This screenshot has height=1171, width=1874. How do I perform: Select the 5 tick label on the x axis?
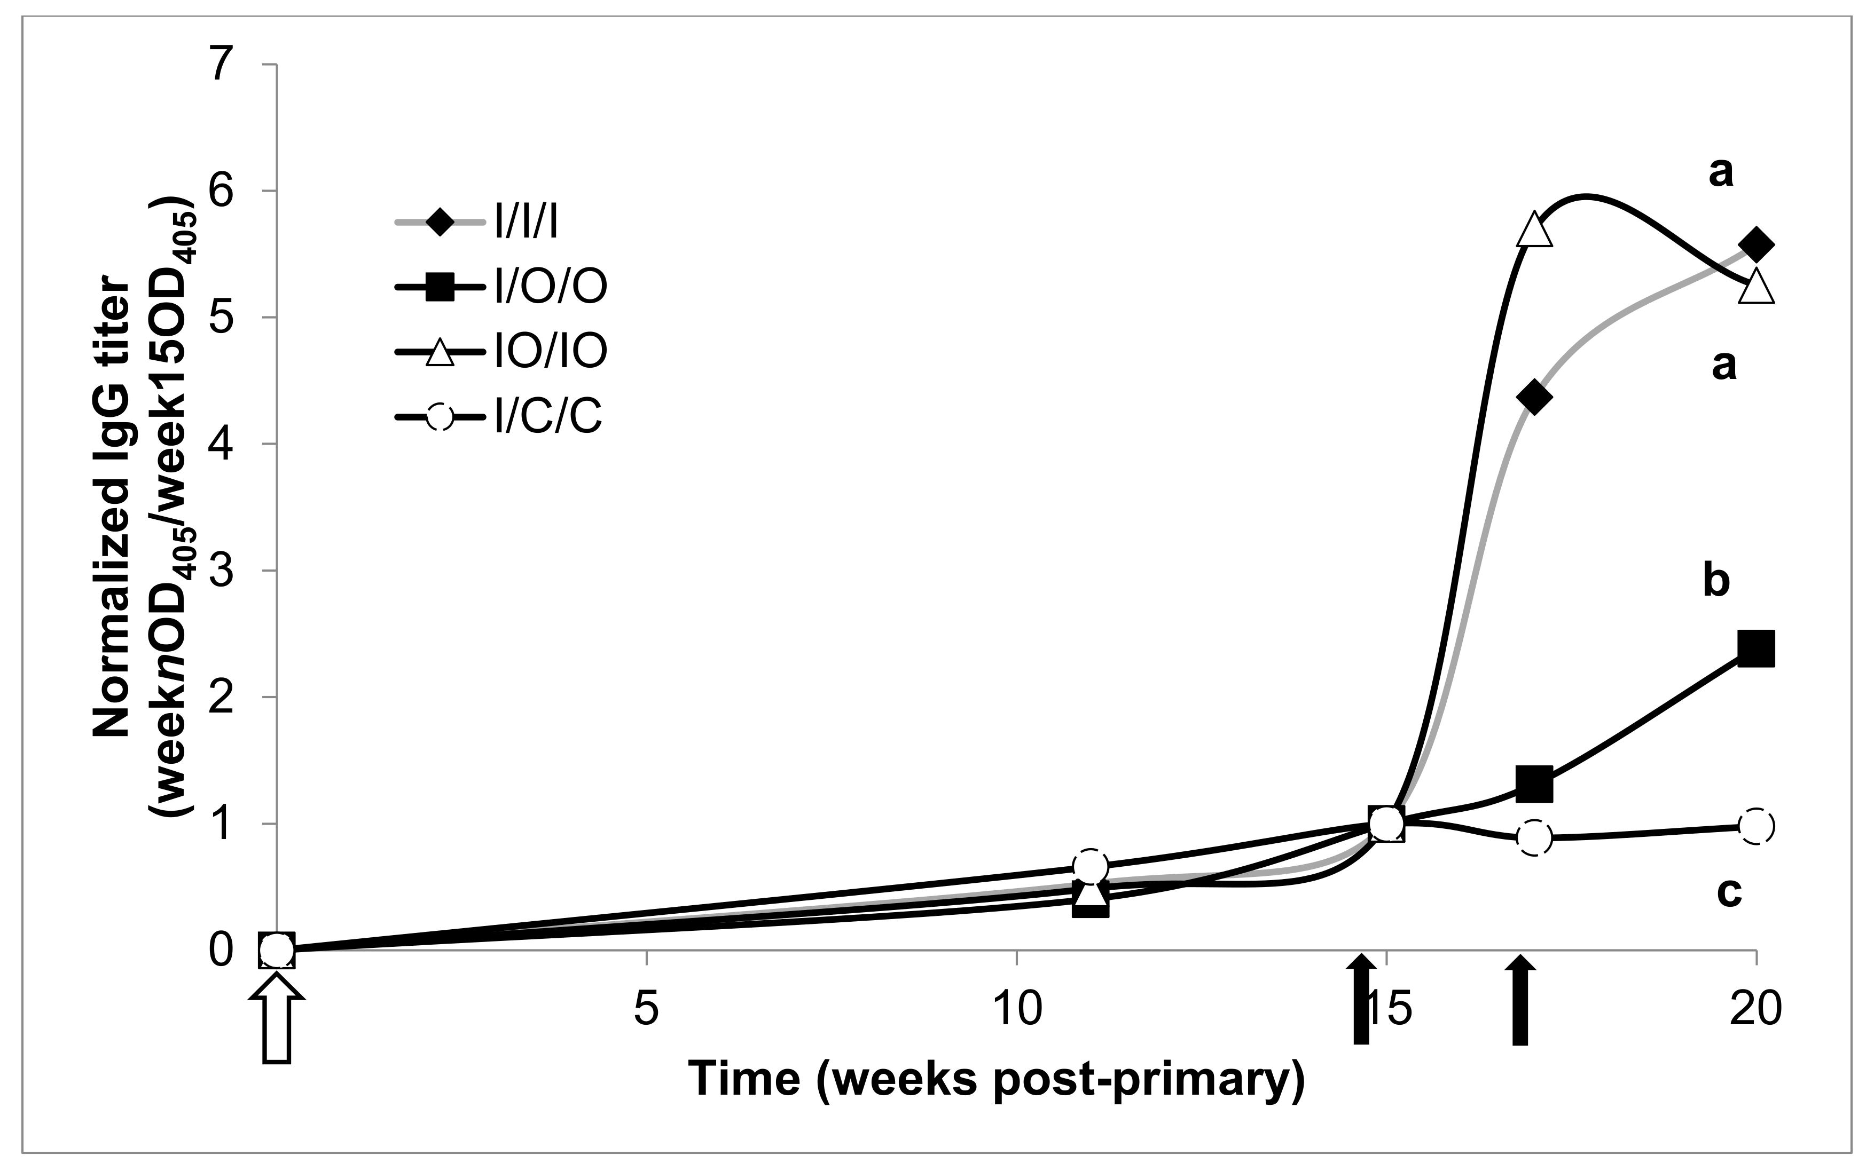pyautogui.click(x=646, y=1009)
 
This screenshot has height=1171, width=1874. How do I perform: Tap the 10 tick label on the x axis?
pyautogui.click(x=1016, y=1009)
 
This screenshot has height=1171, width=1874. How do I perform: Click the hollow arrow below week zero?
pyautogui.click(x=277, y=1019)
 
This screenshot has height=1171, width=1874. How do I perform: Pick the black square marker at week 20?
pyautogui.click(x=1755, y=648)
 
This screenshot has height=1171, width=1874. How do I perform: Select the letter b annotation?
pyautogui.click(x=1716, y=581)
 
